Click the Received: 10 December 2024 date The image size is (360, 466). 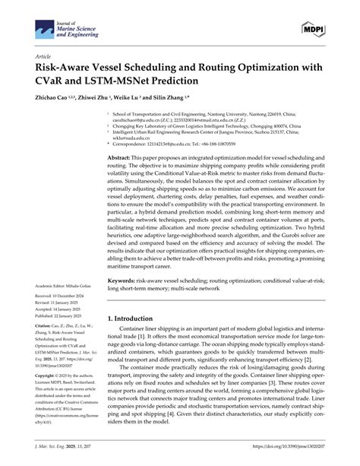[x=66, y=295]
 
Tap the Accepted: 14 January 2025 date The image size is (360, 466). [x=64, y=309]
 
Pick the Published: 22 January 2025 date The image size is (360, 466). [x=65, y=315]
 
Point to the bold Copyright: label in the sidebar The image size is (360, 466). [x=49, y=376]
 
